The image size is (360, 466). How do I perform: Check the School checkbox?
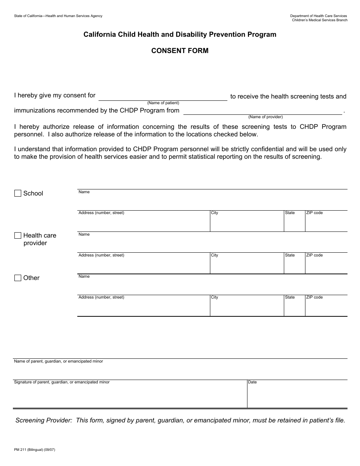[18, 193]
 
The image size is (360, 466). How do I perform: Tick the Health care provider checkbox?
[18, 236]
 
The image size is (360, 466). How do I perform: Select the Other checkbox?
[18, 278]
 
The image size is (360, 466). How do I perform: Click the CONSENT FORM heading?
[180, 51]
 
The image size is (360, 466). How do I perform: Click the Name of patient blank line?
[163, 97]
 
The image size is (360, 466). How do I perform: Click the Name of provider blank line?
[263, 111]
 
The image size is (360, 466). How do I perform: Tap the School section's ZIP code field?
[326, 223]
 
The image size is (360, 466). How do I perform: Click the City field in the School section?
[247, 223]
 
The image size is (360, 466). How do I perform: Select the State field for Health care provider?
[294, 265]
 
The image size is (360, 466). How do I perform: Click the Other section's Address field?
[144, 307]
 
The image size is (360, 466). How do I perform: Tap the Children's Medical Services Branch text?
[319, 20]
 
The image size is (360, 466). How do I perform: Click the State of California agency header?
[58, 16]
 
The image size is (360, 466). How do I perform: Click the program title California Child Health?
[180, 34]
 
